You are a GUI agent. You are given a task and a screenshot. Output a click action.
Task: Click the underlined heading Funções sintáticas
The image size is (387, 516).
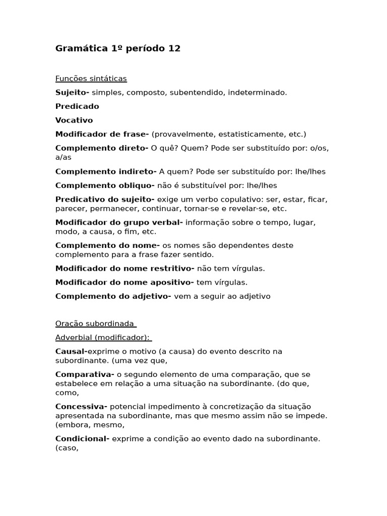click(x=91, y=79)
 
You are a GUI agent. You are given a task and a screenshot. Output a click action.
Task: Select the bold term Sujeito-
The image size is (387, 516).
click(x=72, y=93)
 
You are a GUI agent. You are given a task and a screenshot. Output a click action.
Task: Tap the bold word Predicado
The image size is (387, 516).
click(x=77, y=106)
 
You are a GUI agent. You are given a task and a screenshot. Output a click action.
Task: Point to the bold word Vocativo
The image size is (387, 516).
click(x=74, y=120)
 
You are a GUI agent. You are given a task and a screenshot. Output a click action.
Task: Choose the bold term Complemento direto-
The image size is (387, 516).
click(x=102, y=148)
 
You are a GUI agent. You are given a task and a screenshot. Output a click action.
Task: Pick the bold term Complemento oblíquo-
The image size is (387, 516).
click(x=105, y=185)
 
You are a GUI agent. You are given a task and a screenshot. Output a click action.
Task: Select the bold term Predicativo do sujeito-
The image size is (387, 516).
click(x=105, y=200)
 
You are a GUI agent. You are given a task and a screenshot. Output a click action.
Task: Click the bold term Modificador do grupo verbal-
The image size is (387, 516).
click(x=119, y=222)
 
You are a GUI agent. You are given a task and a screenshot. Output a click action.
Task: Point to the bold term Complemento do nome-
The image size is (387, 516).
click(x=107, y=245)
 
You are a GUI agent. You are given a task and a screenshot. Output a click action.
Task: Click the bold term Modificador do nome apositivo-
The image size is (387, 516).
click(x=124, y=282)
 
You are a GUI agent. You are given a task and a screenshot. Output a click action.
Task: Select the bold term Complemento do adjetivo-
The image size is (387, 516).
click(x=113, y=296)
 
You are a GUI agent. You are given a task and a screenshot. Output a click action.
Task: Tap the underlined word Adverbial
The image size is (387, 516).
click(x=74, y=337)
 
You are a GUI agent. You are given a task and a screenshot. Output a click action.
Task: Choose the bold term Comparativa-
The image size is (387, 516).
click(x=85, y=374)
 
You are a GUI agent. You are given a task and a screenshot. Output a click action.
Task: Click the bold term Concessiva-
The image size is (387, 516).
click(x=81, y=407)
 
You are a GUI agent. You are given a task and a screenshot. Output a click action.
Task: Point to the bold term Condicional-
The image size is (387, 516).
click(x=82, y=439)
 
